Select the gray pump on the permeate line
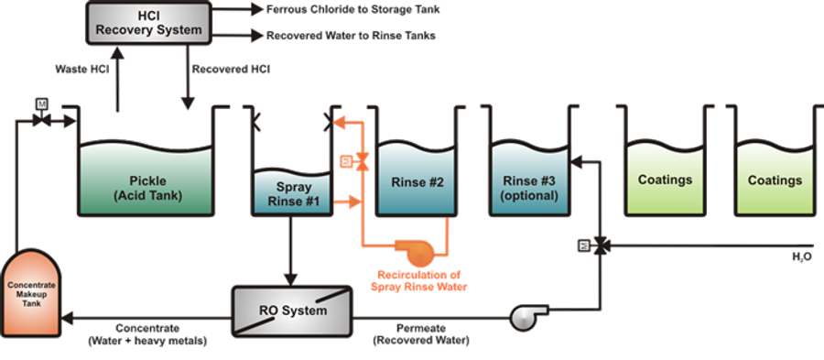click(x=524, y=316)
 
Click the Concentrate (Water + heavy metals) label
click(x=147, y=333)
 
